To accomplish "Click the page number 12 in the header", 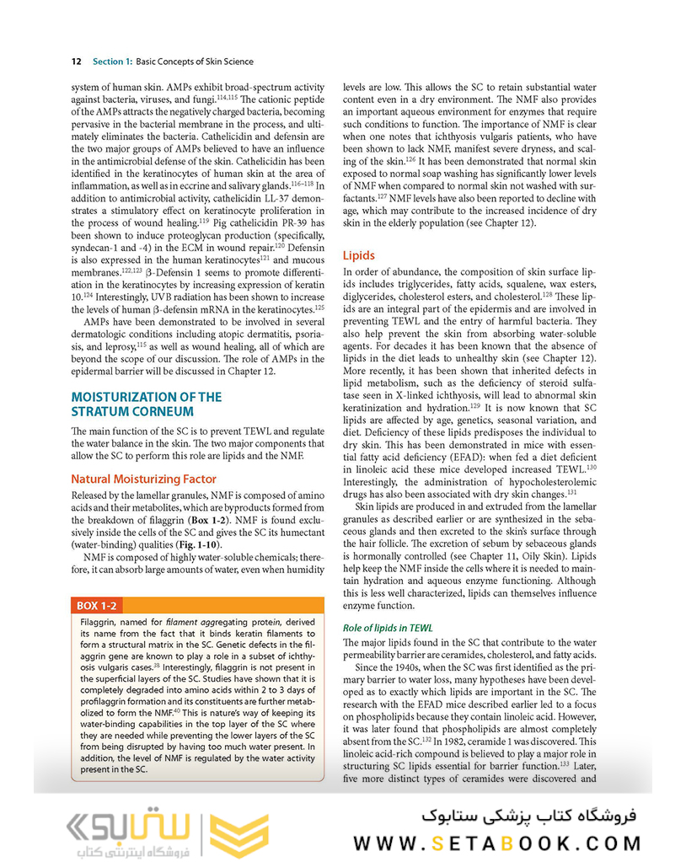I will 76,62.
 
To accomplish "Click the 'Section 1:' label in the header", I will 112,62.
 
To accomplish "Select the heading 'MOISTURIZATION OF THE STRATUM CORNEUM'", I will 147,404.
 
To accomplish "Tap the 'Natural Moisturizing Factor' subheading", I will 143,479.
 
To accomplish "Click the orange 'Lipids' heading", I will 359,255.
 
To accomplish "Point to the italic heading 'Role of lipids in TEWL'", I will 388,628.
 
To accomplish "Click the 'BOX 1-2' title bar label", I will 98,606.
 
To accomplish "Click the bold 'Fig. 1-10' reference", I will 207,545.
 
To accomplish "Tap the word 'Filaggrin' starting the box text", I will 100,623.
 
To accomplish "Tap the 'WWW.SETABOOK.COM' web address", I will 496,843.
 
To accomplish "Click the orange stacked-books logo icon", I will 238,834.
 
